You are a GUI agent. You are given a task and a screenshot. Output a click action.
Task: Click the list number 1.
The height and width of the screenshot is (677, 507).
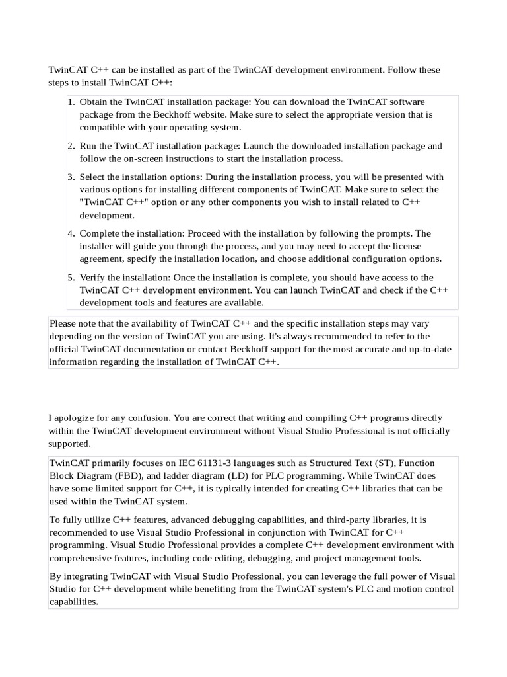click(x=71, y=102)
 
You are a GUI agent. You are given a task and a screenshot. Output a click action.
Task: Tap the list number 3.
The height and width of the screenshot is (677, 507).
click(x=71, y=177)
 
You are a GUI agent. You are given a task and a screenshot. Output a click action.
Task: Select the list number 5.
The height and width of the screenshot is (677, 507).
click(x=71, y=278)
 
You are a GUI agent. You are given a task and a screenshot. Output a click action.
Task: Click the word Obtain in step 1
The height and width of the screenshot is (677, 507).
click(x=94, y=102)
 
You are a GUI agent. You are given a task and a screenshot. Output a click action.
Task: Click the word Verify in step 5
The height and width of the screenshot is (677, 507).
click(x=93, y=278)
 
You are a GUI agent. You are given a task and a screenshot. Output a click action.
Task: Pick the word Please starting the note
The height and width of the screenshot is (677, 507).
click(x=63, y=324)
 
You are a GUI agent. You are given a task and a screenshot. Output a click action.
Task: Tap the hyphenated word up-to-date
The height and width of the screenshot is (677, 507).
click(x=427, y=349)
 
